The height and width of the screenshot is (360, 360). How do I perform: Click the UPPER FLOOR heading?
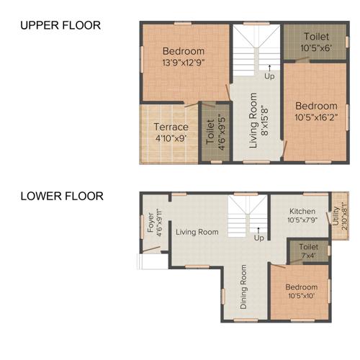60,26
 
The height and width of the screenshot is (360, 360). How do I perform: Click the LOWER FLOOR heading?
62,196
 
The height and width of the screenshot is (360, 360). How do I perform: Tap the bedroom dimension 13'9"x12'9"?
183,62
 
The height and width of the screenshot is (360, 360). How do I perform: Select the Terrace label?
171,127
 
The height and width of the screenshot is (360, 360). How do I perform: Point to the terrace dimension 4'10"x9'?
171,138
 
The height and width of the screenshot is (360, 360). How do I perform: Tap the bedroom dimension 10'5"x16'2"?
315,117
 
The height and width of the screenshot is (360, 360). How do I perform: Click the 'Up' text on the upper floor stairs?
269,76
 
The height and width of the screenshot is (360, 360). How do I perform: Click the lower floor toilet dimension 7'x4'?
308,255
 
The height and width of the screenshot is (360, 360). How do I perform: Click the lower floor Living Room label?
197,232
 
